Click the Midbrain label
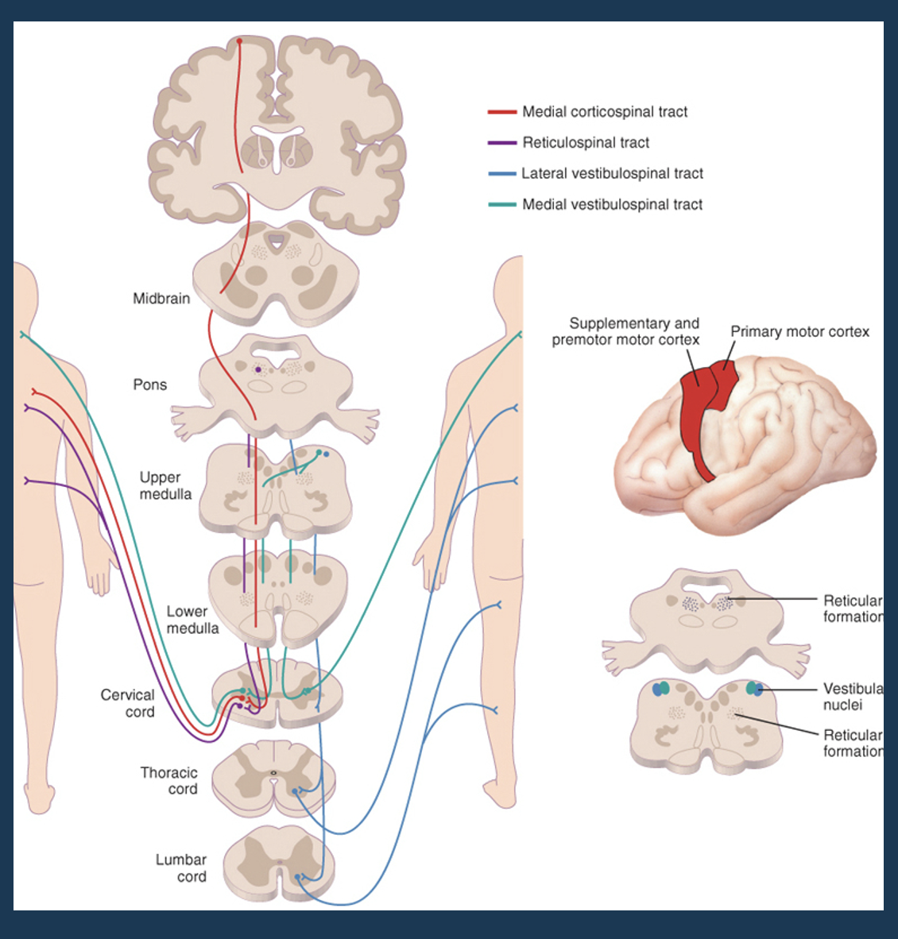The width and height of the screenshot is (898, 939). point(161,299)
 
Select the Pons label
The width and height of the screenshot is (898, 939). point(150,384)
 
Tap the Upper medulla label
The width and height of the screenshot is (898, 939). point(165,485)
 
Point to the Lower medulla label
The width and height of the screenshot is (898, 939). point(192,620)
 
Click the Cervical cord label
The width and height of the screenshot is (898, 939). point(128,703)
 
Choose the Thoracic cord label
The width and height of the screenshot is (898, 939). point(168,780)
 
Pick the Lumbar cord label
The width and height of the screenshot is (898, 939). point(181,868)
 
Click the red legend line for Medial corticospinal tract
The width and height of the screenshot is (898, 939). point(502,112)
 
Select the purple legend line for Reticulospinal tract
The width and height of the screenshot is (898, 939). point(502,143)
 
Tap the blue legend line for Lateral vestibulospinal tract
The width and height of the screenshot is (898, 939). point(502,174)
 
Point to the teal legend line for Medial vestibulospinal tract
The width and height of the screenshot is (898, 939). point(502,205)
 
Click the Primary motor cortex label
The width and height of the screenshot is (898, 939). point(799,331)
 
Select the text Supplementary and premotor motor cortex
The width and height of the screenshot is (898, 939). point(627,331)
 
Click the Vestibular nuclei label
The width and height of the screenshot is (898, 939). point(852,697)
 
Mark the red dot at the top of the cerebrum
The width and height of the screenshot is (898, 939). point(239,41)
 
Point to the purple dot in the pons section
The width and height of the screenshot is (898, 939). point(258,369)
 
